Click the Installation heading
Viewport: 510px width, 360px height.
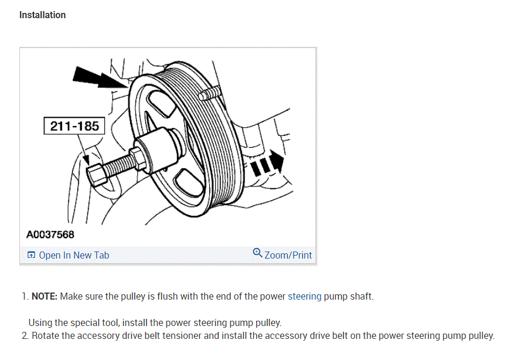[x=42, y=15]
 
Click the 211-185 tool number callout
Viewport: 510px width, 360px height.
[x=74, y=125]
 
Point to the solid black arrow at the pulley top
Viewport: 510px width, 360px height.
[x=92, y=78]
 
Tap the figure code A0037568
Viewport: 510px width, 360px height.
[x=50, y=235]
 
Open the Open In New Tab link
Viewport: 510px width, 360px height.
[x=74, y=255]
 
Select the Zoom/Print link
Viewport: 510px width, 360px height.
[x=288, y=255]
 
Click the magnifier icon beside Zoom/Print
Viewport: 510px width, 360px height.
[x=257, y=253]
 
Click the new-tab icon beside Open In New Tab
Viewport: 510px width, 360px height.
[x=31, y=255]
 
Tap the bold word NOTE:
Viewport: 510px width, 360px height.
[x=45, y=297]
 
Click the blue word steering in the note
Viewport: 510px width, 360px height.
[x=304, y=297]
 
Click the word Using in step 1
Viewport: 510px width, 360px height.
[x=40, y=322]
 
